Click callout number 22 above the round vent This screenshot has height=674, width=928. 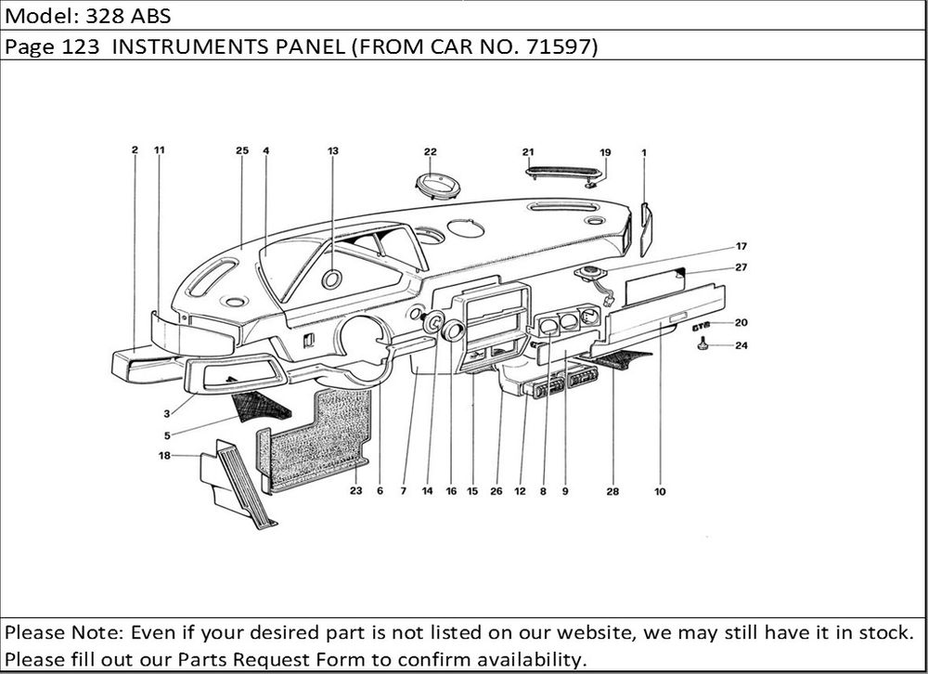[431, 151]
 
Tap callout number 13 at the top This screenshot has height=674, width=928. [333, 150]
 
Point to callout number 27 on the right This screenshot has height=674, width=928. [741, 267]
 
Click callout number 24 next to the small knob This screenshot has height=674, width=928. [741, 346]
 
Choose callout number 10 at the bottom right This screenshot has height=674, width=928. [659, 492]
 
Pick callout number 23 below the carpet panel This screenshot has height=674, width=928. [355, 491]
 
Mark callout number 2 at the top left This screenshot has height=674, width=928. [135, 149]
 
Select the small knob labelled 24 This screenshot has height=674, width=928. [703, 345]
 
